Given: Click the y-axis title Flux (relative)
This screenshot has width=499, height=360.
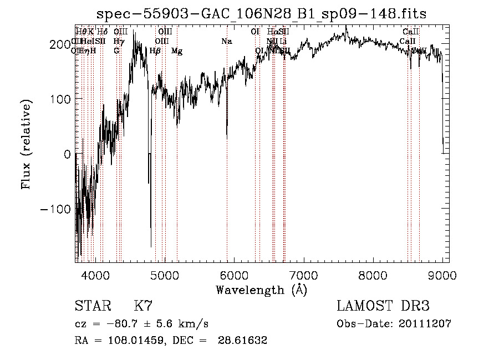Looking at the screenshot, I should coord(27,144).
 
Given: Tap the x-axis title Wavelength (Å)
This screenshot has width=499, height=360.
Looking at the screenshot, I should coord(261,290).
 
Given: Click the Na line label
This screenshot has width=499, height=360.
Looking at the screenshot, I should coord(226,42).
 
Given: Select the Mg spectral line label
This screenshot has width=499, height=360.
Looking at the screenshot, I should coord(176,51).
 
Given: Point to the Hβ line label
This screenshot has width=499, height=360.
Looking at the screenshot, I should coord(155,51).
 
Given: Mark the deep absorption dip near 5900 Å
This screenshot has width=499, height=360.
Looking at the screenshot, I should coord(227,133).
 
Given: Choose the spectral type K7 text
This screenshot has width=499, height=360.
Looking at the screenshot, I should coord(143,306).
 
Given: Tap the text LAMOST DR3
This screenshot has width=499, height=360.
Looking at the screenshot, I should coord(383,306).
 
